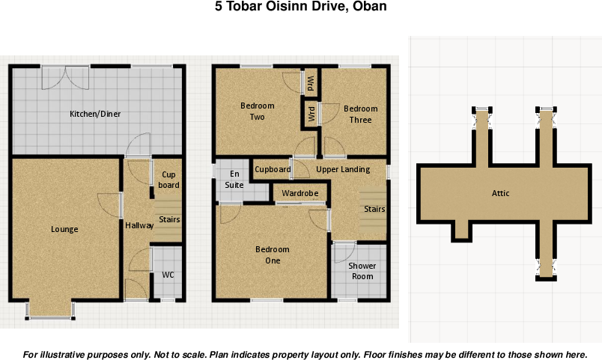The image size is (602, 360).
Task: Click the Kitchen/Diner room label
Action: (95, 114)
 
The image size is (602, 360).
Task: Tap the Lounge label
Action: (64, 229)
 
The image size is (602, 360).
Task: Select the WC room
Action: (168, 275)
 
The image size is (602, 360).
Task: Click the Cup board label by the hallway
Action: (168, 180)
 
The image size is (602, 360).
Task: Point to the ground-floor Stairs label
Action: (168, 220)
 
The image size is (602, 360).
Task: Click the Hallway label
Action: (139, 225)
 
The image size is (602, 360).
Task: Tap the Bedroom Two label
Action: (258, 112)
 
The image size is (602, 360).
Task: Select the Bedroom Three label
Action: (360, 114)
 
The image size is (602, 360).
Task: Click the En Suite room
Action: (234, 179)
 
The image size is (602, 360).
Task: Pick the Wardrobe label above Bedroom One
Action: (300, 194)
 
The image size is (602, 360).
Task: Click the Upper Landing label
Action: (343, 169)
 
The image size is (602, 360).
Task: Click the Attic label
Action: (500, 193)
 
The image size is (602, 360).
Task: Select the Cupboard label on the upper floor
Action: (273, 169)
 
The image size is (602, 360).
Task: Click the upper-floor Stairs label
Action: (374, 210)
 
